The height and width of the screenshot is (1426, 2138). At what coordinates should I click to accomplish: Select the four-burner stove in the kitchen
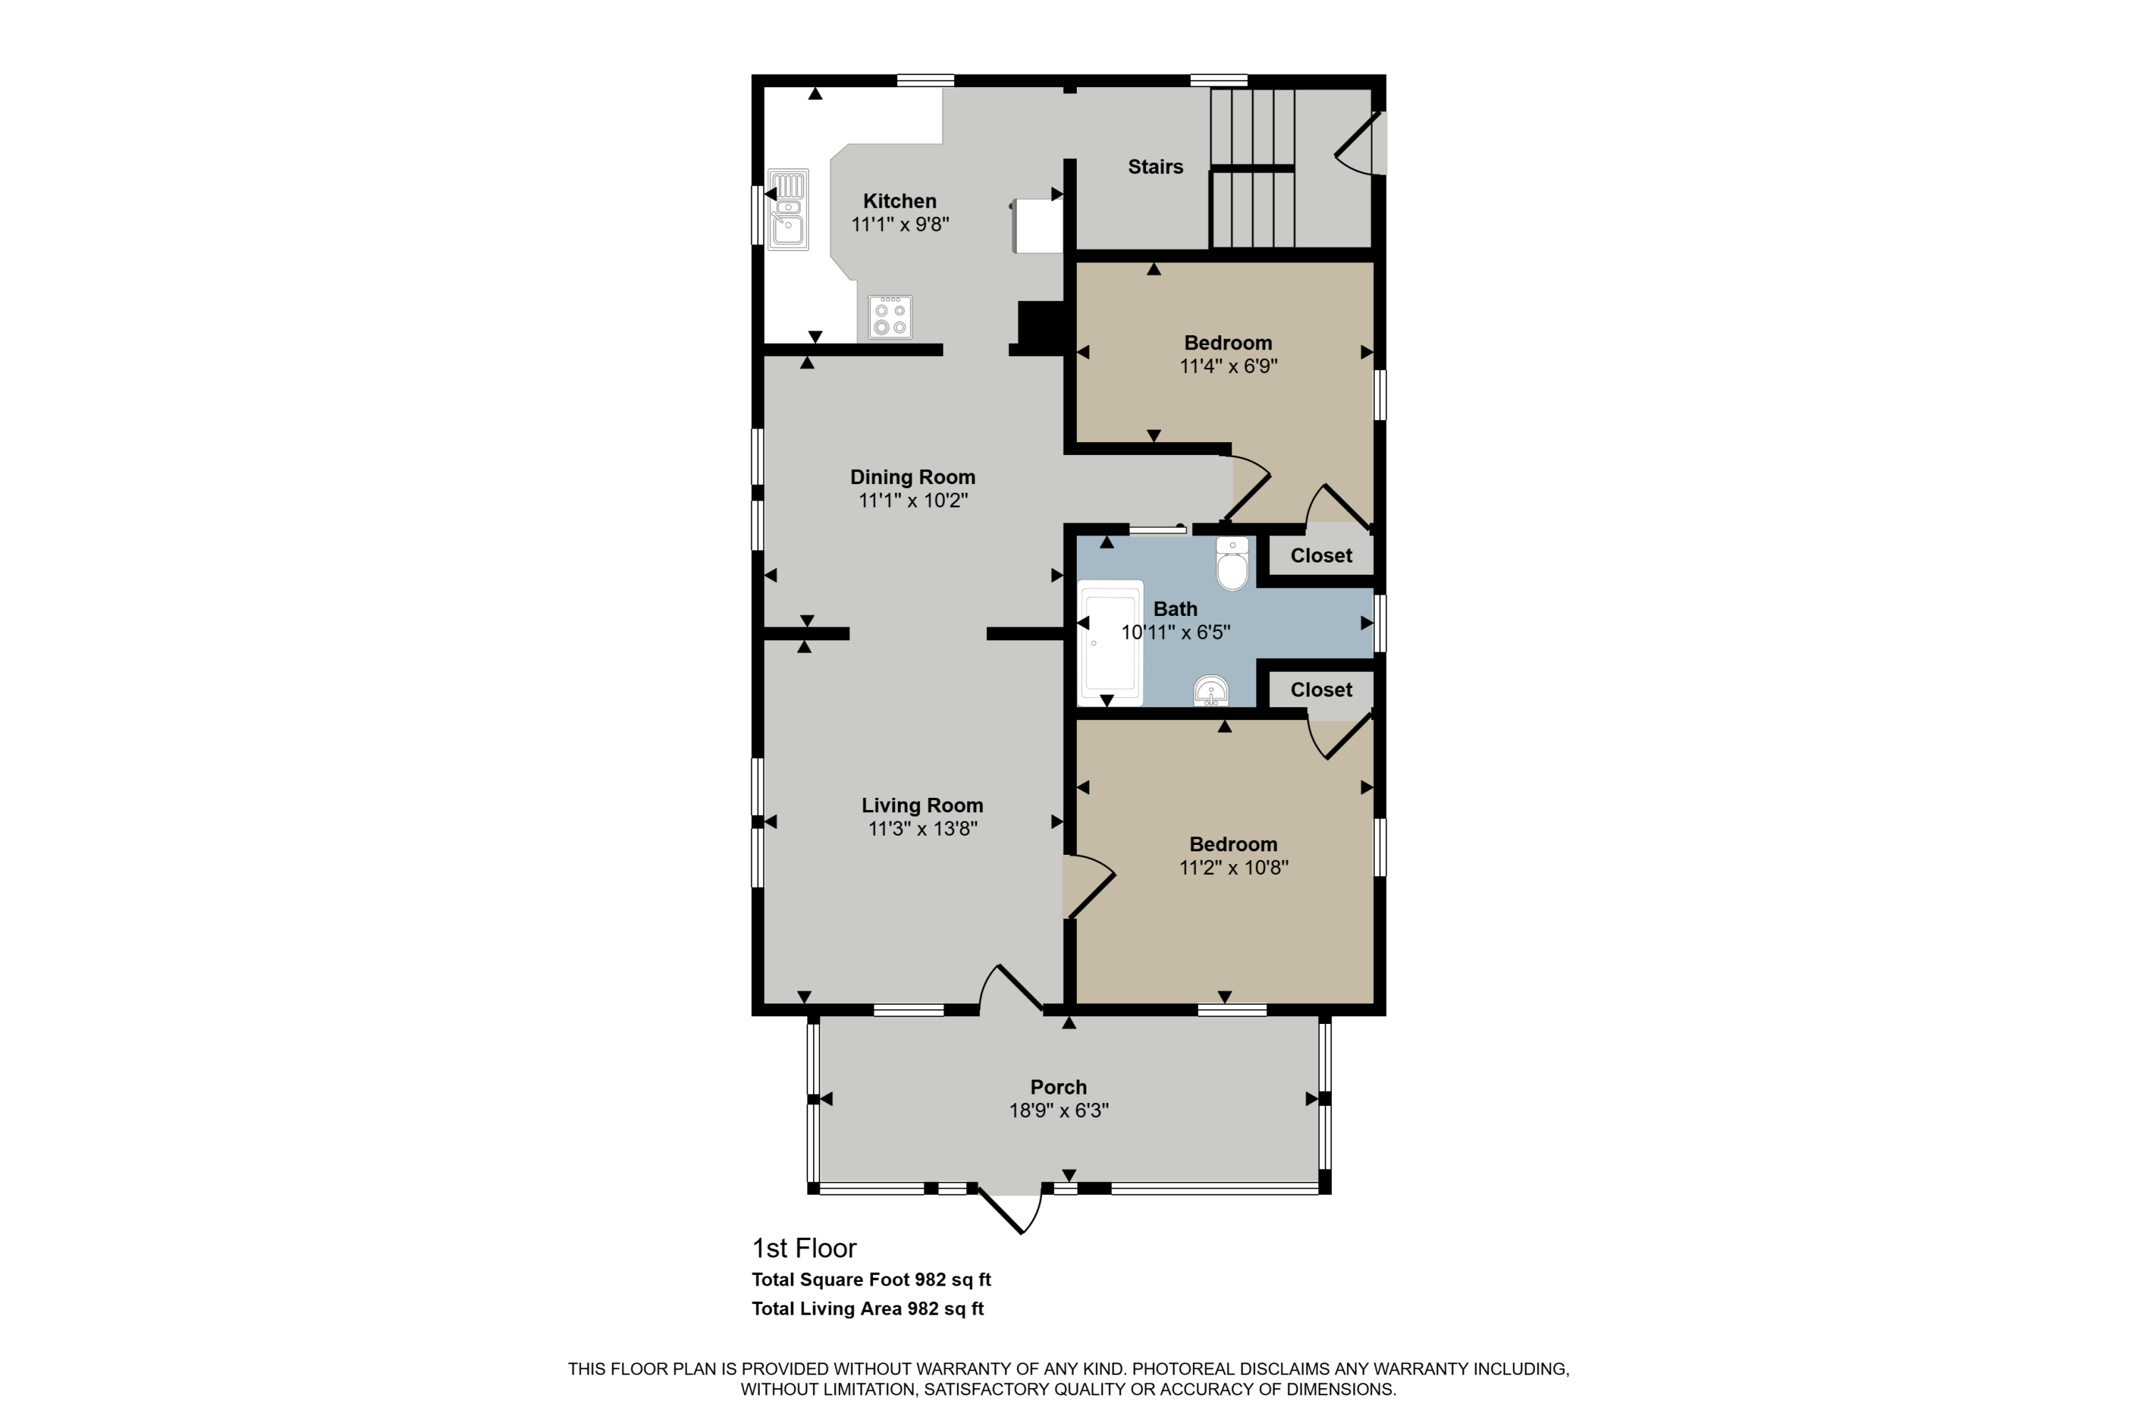890,317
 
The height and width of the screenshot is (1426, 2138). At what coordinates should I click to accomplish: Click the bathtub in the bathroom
1110,643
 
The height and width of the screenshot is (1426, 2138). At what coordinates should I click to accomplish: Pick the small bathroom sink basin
1212,691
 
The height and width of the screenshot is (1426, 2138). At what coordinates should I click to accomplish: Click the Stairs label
1155,166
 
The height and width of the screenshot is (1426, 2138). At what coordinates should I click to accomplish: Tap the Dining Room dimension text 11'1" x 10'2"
913,501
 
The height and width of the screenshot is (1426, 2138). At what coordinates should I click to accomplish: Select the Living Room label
921,805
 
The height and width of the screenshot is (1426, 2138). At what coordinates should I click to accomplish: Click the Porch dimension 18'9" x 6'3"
1058,1110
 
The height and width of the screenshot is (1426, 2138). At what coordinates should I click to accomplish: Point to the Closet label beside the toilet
1321,555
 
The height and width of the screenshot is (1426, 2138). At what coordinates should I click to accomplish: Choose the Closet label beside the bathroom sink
1321,689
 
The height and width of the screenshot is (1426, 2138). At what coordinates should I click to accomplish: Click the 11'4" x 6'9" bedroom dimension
1228,366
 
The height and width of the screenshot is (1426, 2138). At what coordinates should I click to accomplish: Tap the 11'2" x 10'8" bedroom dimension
1234,868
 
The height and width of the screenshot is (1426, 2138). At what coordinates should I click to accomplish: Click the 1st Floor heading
804,1248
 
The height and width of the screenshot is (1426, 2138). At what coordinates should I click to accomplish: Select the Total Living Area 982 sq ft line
867,1308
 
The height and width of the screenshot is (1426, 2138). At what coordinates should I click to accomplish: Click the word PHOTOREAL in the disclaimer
1184,1369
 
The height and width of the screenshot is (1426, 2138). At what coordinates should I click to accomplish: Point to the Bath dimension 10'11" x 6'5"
1175,632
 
